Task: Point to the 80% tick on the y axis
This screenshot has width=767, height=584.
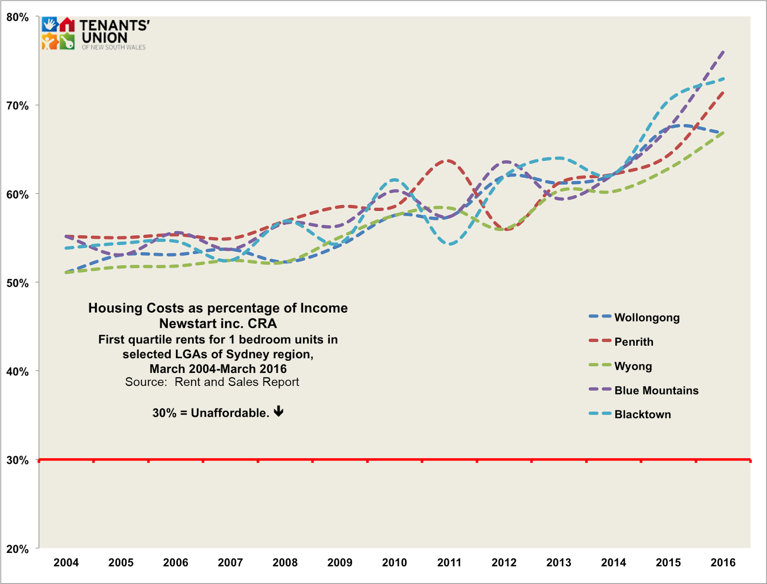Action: (18, 17)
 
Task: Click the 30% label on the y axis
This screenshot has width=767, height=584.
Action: (18, 460)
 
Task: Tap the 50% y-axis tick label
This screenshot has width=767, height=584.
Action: (18, 283)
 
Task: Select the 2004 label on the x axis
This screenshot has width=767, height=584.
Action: (66, 562)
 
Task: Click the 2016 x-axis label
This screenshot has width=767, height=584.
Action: (723, 562)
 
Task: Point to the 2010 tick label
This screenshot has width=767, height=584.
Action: (395, 562)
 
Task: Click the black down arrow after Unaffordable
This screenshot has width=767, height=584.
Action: (279, 411)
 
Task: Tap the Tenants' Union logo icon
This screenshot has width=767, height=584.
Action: (58, 34)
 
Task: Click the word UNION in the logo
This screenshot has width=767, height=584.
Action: (105, 38)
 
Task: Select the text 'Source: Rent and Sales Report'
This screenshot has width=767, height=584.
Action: (212, 382)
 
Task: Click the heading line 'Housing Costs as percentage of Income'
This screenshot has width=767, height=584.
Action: (218, 308)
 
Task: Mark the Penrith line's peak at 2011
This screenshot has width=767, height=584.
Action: (449, 161)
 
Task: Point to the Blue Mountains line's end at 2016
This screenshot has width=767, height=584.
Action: (723, 51)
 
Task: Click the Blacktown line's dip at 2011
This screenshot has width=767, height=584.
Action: (451, 244)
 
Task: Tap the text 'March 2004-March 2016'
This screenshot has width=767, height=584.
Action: (218, 369)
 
